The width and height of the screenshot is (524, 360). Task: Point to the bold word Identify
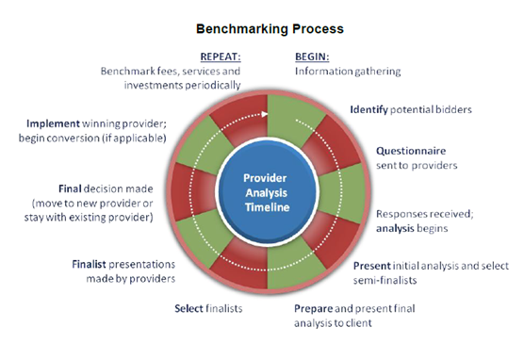click(x=368, y=109)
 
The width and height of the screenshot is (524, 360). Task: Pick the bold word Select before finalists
click(x=191, y=308)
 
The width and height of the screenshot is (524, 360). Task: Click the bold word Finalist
click(x=93, y=263)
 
